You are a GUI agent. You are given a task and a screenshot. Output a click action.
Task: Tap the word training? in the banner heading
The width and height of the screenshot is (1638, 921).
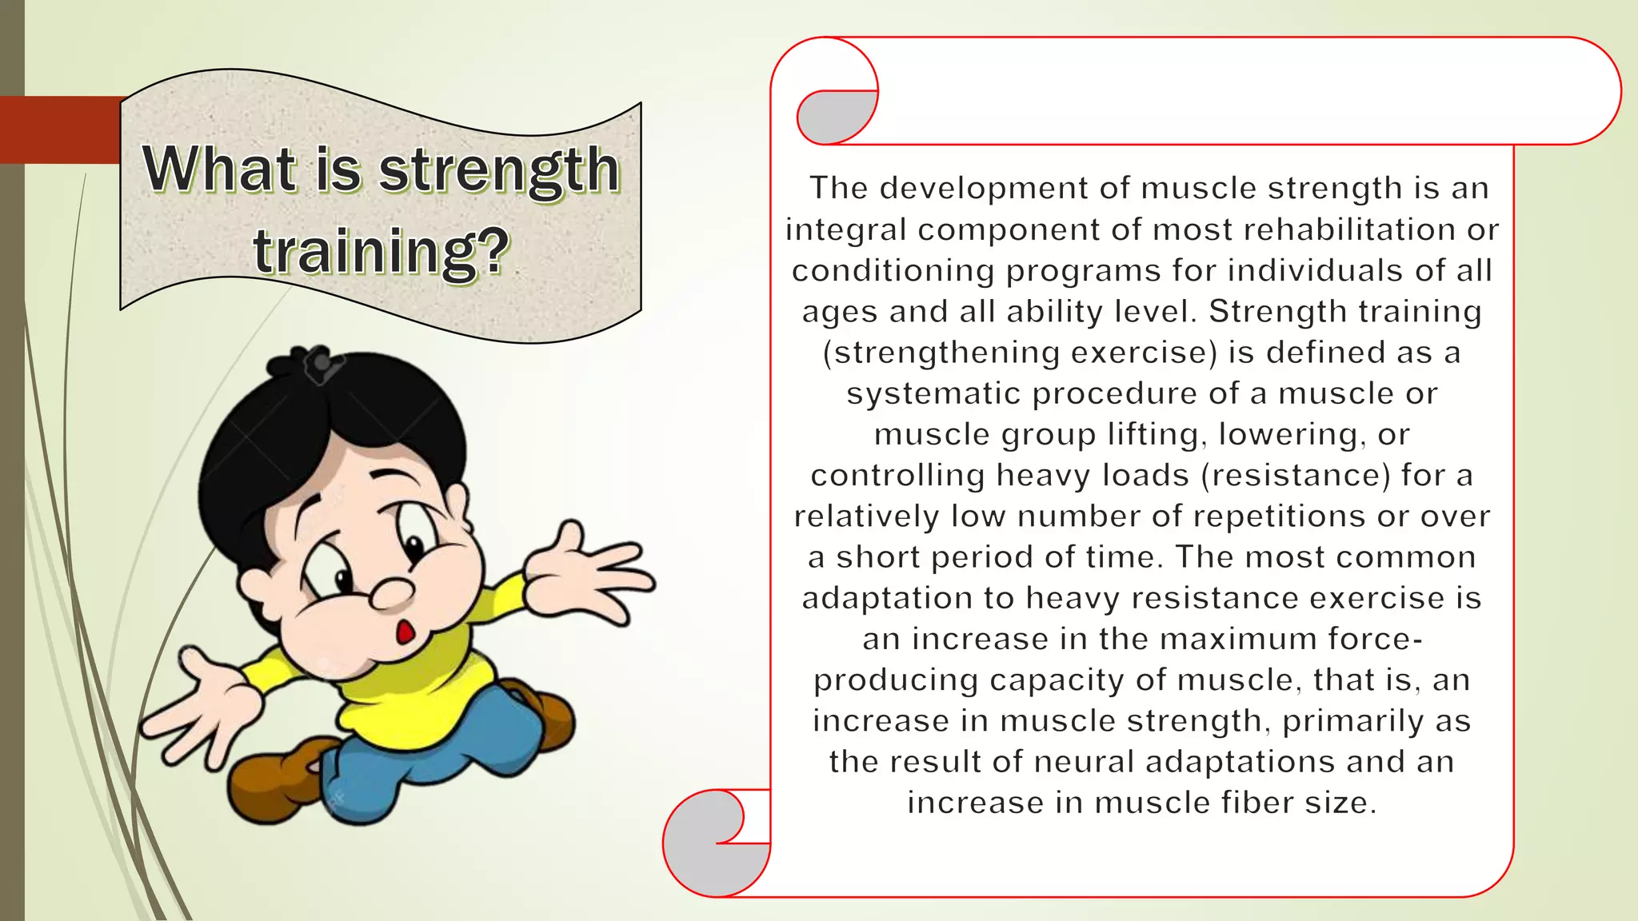click(382, 251)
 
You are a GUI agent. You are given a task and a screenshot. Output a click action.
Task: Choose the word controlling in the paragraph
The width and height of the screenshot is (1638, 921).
click(897, 476)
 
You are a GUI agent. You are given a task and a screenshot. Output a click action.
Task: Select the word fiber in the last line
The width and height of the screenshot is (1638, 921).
click(1259, 803)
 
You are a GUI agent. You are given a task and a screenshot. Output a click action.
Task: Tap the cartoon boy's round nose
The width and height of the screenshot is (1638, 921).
click(391, 592)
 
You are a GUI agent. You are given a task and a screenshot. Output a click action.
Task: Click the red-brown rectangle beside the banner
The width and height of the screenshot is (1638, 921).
click(60, 130)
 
